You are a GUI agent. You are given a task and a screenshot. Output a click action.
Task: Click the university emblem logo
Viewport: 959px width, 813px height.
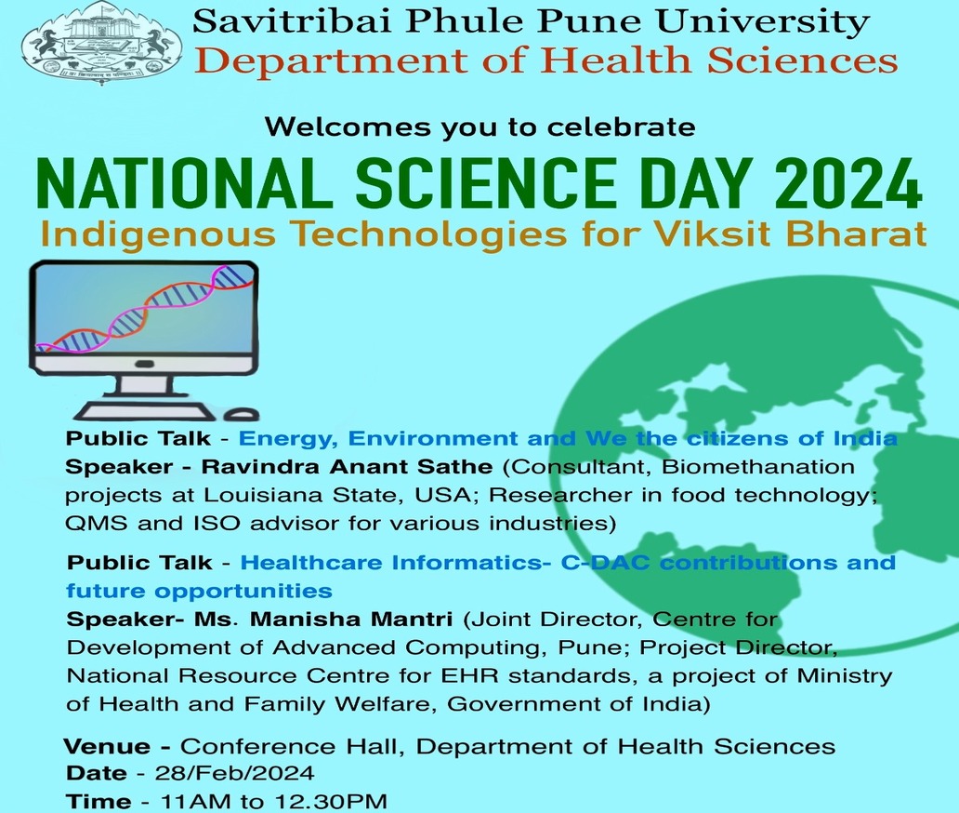[102, 44]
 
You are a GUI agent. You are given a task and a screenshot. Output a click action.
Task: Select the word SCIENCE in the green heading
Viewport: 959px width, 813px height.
[486, 182]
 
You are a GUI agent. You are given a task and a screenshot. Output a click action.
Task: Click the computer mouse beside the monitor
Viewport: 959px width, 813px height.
[242, 415]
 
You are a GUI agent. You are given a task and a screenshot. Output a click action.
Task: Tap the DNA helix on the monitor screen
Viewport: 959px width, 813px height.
[145, 308]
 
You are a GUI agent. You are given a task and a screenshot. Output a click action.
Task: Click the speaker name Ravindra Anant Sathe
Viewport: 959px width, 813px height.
[347, 467]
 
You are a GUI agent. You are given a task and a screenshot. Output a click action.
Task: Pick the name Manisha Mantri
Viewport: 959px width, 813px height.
[351, 619]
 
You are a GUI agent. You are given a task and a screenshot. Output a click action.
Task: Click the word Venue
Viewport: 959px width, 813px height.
[107, 746]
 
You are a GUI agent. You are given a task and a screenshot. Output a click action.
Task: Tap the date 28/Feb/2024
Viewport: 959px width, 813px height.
[235, 773]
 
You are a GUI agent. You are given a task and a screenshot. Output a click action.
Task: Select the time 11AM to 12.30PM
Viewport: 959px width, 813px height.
[273, 801]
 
